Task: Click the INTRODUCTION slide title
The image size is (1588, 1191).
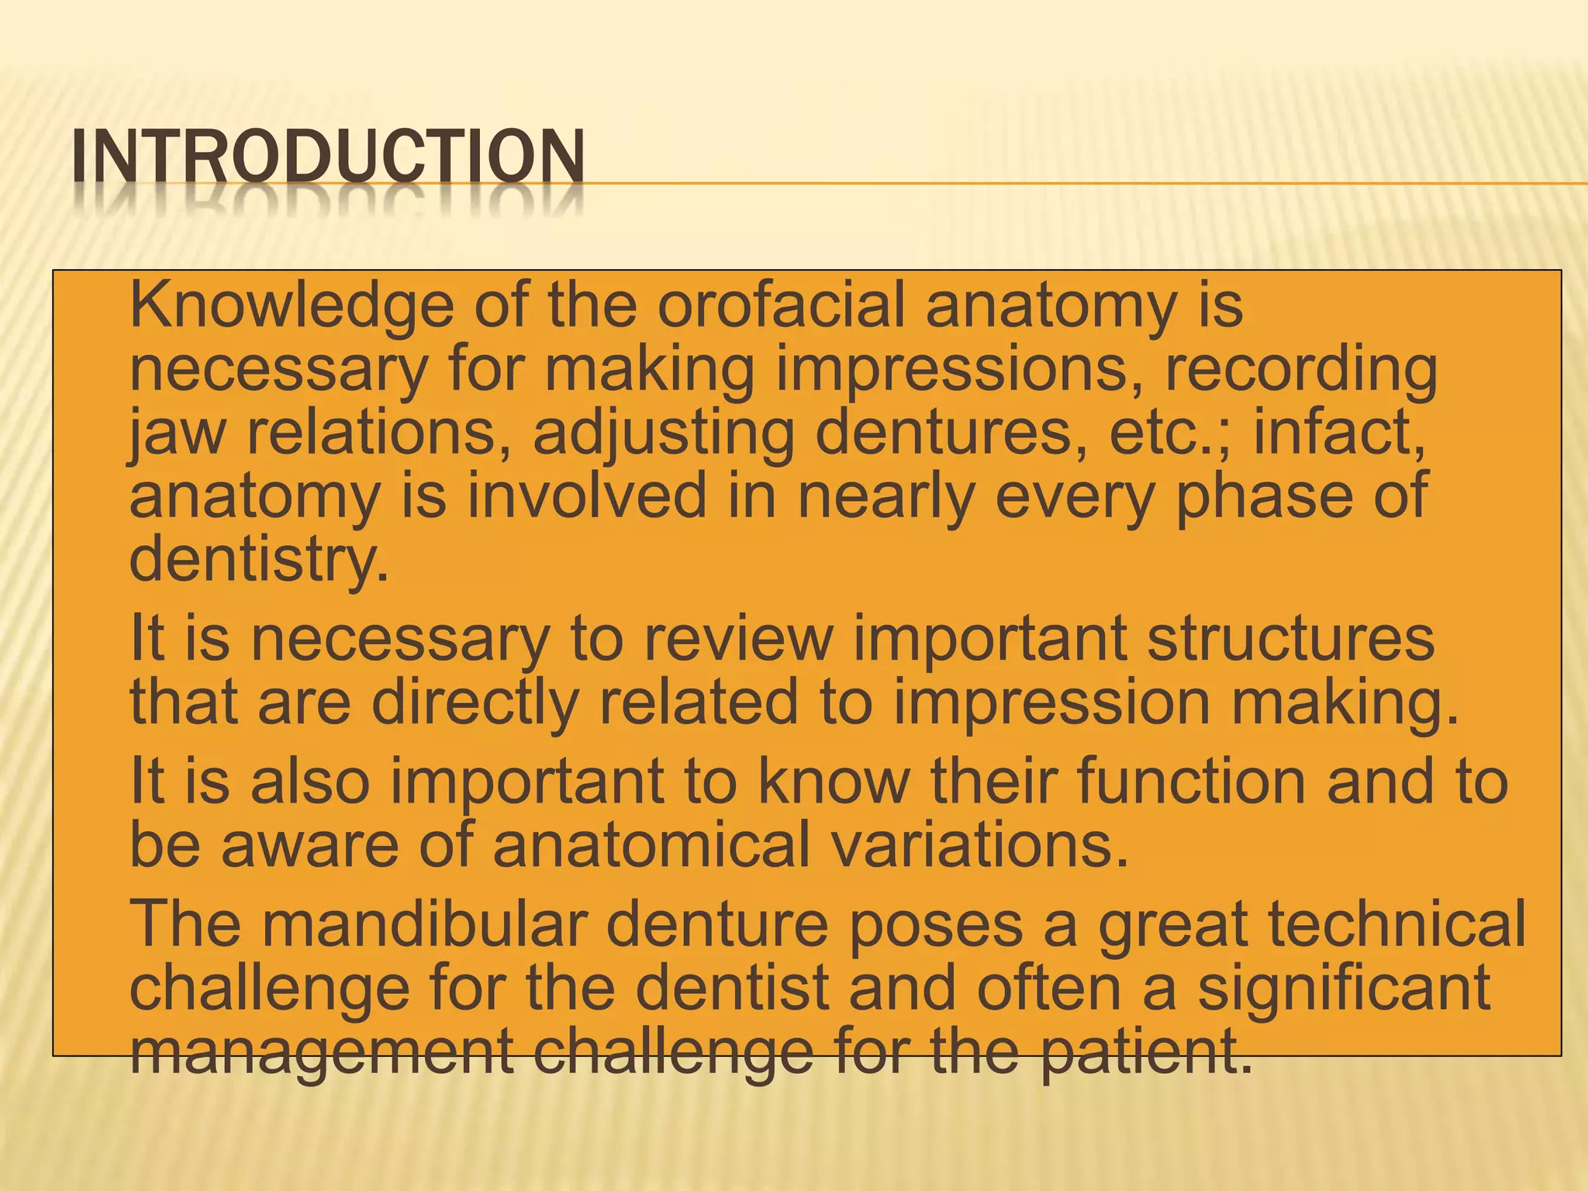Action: tap(327, 158)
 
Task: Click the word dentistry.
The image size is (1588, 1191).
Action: tap(258, 561)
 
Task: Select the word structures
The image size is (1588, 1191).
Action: tap(1290, 638)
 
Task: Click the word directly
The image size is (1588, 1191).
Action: tap(475, 703)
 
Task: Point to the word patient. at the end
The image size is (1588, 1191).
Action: tap(1145, 1052)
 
